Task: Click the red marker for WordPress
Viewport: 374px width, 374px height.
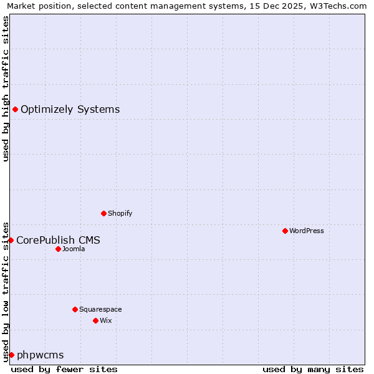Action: tap(285, 231)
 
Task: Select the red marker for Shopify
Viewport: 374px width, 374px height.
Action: tap(103, 213)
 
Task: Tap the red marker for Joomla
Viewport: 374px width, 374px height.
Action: tap(58, 249)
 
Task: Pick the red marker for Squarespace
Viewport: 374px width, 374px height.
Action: tap(75, 309)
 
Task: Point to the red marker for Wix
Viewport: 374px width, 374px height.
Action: tap(95, 320)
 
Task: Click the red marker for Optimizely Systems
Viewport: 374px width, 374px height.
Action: tap(15, 110)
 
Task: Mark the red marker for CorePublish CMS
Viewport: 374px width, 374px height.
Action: tap(11, 240)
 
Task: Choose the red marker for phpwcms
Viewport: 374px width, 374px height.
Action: tap(11, 355)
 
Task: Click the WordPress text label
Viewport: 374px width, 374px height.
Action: tap(307, 231)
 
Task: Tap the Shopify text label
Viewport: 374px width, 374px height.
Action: tap(120, 213)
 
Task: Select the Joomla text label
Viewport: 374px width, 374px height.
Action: tap(74, 249)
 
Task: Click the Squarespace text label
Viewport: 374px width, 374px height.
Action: tap(100, 309)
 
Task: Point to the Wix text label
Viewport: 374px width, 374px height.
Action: tap(106, 320)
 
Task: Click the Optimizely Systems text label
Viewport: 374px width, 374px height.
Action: tap(70, 110)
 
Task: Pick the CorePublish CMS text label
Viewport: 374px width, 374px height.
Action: tap(58, 240)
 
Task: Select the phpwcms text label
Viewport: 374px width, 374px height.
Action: tap(40, 355)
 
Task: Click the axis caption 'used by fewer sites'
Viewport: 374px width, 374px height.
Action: tap(64, 369)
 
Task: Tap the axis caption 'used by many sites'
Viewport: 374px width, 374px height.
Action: tap(313, 369)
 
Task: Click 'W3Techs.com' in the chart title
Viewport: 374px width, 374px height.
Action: tap(340, 6)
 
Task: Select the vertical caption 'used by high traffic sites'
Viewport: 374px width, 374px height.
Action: tap(6, 89)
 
